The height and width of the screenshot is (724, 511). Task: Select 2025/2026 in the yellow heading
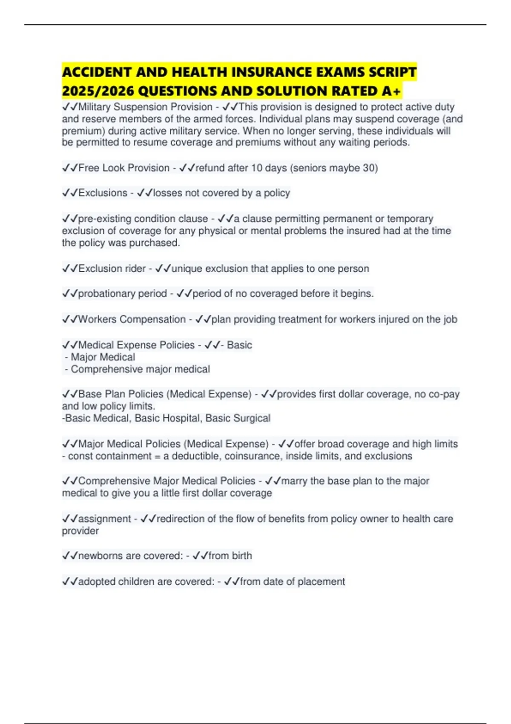(98, 91)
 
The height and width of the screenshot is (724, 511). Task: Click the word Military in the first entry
(94, 107)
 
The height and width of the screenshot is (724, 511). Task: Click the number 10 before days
(256, 168)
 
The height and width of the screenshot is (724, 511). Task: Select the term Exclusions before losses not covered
(103, 193)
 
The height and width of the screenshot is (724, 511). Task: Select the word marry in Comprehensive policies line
(294, 481)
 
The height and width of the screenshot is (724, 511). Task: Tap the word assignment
(104, 519)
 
